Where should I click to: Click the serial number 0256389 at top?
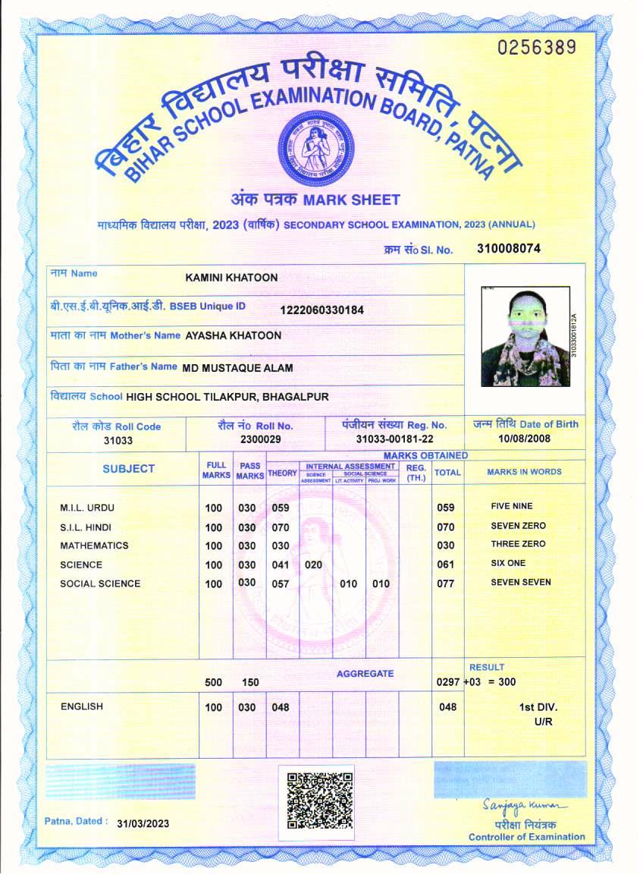click(537, 47)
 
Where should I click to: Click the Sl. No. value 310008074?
click(509, 248)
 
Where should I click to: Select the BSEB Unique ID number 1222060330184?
click(322, 310)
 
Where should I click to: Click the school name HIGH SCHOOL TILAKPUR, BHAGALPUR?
click(227, 396)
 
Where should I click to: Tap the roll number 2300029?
click(260, 439)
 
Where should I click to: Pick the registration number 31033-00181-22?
click(394, 439)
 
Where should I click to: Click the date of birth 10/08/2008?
click(524, 439)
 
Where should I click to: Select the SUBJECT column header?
click(128, 469)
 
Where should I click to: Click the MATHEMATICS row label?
click(94, 546)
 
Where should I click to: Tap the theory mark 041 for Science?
click(281, 565)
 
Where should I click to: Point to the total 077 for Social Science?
click(446, 583)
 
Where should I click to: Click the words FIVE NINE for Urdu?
click(512, 506)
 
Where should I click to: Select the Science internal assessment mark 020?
click(313, 565)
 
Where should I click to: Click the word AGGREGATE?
click(365, 674)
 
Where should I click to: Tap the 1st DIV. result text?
click(538, 707)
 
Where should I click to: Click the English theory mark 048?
click(281, 707)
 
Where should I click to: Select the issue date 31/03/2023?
click(143, 823)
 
